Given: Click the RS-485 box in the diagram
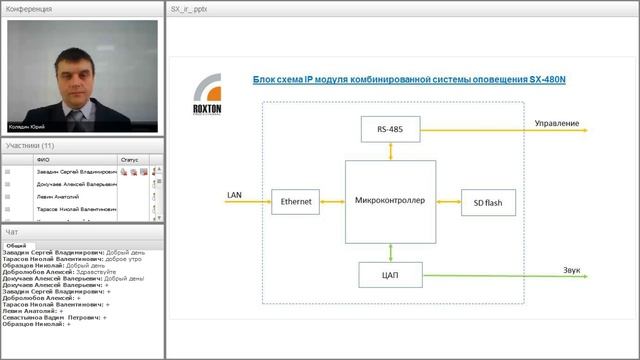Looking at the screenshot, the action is pos(390,128).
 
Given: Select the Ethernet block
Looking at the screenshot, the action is pos(296,201).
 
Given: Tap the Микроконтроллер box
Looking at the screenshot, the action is pos(390,200).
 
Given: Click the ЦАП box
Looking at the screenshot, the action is pos(390,272).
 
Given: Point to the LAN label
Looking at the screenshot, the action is pos(235,194).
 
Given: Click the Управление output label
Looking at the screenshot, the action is pos(556,123).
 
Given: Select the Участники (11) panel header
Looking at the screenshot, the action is pos(30,146).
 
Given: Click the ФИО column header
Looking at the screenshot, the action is pos(42,159).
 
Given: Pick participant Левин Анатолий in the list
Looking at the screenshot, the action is pos(57,197).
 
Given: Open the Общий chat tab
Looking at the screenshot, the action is pos(17,245).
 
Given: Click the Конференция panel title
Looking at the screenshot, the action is pos(29,8).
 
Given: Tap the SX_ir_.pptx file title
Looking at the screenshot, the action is pos(189,8).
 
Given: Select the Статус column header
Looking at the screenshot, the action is pos(130,159).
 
